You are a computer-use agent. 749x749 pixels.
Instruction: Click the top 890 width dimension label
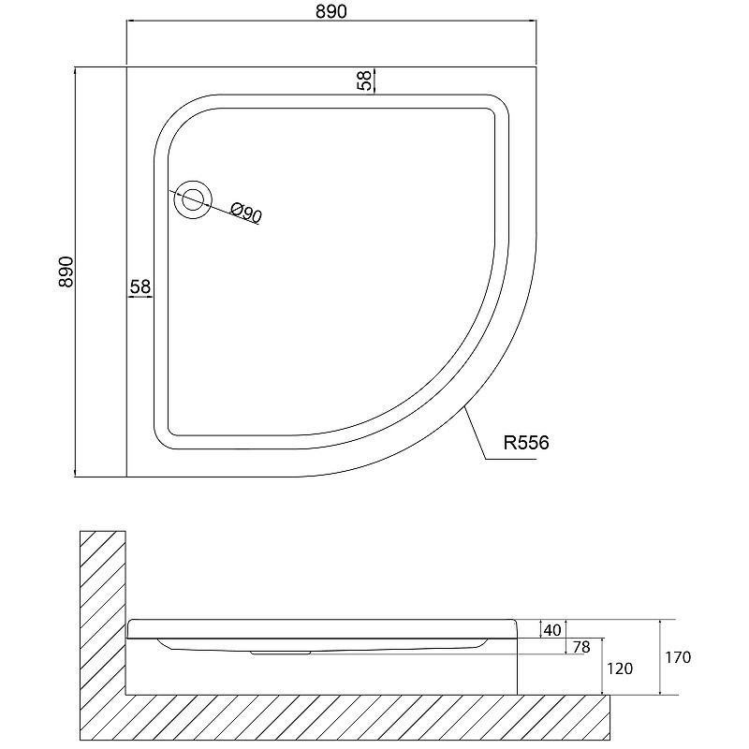coord(331,11)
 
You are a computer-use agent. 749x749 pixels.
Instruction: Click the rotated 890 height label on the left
coord(66,272)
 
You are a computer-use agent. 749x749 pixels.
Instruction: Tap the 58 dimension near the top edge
coord(364,81)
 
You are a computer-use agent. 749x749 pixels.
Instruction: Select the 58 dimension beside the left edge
coord(140,286)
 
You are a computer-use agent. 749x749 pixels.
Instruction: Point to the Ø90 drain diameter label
coord(246,213)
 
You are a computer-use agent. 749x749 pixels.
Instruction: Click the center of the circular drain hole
coord(193,200)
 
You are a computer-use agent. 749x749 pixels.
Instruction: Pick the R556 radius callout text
coord(526,443)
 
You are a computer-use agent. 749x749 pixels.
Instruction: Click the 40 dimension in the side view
coord(552,630)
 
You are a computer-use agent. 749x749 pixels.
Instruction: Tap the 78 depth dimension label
coord(581,647)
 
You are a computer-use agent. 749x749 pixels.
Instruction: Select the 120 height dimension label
coord(620,668)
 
